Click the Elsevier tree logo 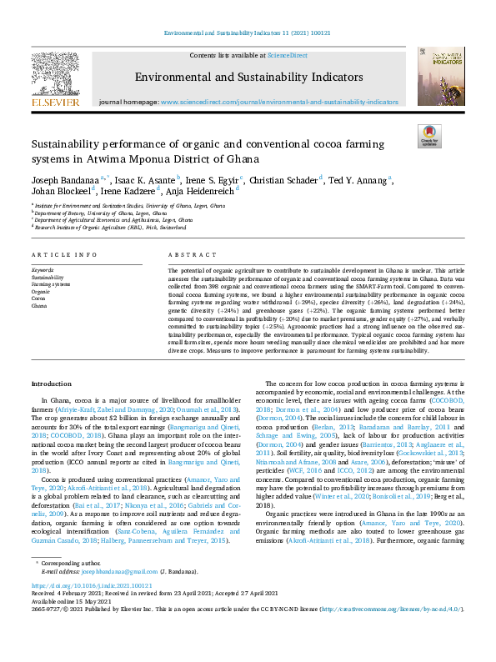pos(56,74)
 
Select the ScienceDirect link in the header pos(287,54)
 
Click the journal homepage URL pos(278,101)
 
